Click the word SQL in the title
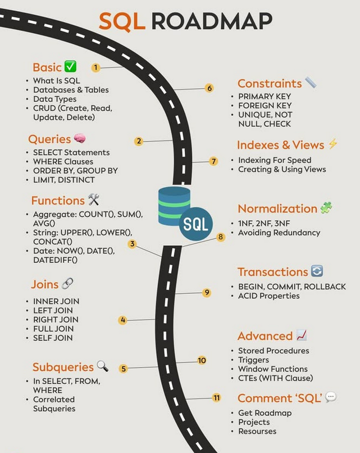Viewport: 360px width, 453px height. click(121, 21)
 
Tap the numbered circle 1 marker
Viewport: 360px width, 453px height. click(96, 67)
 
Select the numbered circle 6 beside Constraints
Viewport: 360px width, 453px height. click(209, 88)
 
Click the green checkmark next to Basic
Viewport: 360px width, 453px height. click(70, 67)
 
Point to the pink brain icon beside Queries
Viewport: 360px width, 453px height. click(80, 139)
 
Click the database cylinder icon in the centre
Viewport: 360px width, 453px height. click(174, 206)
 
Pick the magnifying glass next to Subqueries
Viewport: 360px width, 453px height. click(102, 366)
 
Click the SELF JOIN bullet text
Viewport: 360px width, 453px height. click(53, 338)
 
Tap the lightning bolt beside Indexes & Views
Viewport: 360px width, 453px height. click(332, 144)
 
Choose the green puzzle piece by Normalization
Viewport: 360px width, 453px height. click(326, 208)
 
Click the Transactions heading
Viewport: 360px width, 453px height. click(272, 272)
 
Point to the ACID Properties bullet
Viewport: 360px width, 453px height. click(269, 296)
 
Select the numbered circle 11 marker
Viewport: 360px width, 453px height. click(216, 398)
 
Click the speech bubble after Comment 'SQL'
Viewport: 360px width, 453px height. click(331, 397)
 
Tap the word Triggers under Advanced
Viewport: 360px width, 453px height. click(253, 360)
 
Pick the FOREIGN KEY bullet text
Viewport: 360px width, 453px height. click(265, 105)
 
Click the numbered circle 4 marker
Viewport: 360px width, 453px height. click(123, 320)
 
